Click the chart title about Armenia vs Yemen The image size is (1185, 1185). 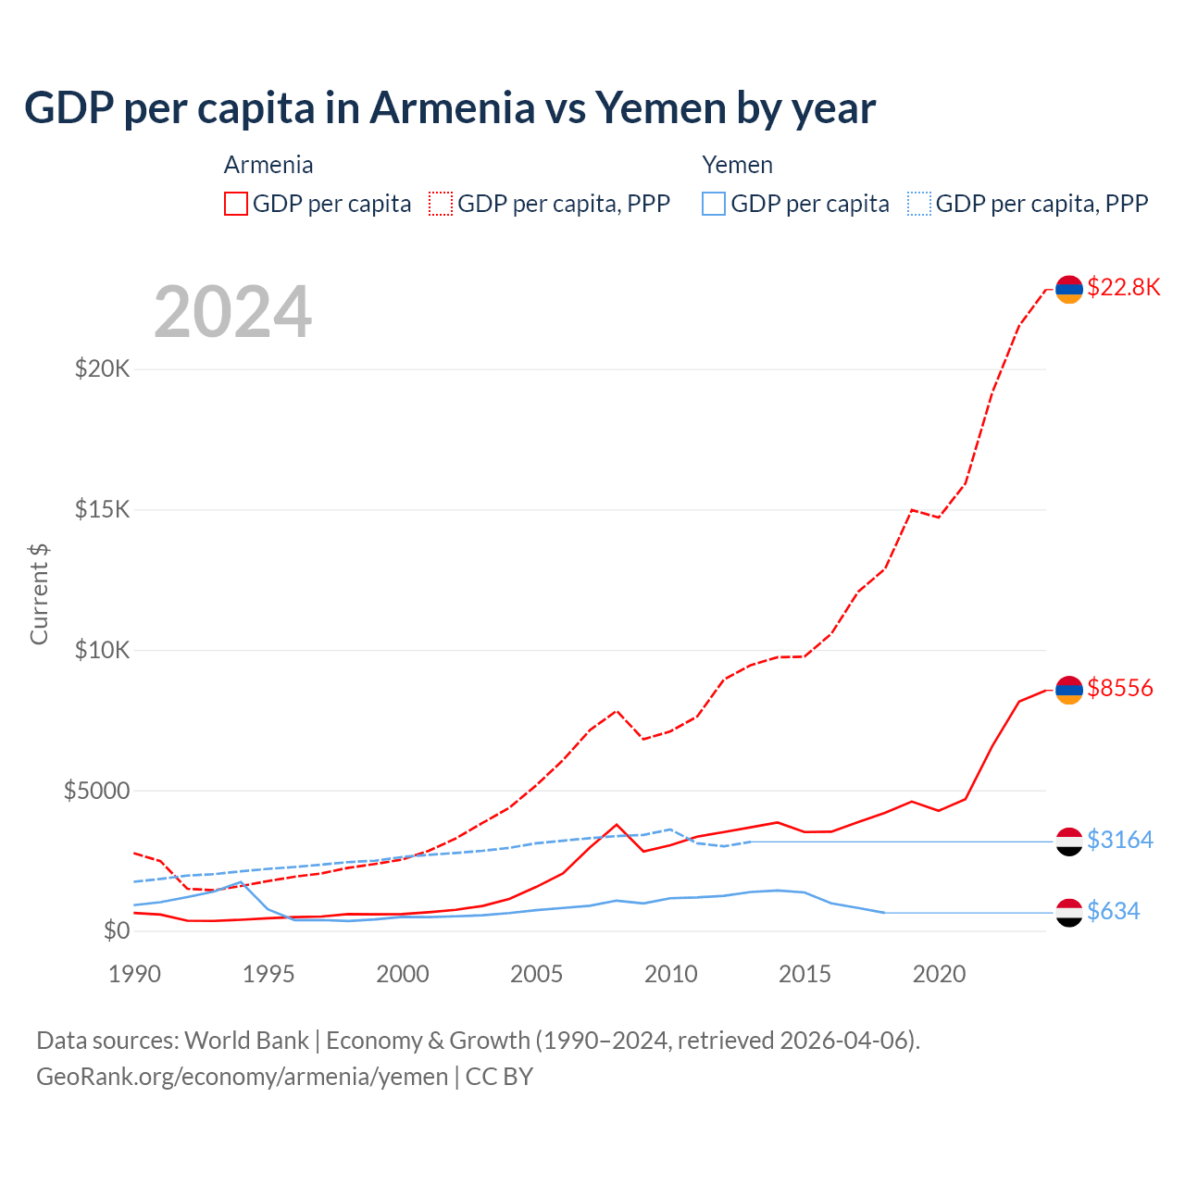pyautogui.click(x=450, y=108)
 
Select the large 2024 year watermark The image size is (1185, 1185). pyautogui.click(x=232, y=312)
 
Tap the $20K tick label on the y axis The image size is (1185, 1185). pyautogui.click(x=103, y=369)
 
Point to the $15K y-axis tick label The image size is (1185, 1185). pyautogui.click(x=103, y=510)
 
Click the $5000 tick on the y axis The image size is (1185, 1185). pyautogui.click(x=96, y=791)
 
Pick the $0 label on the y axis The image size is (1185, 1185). pyautogui.click(x=116, y=930)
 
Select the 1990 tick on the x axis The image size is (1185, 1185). pyautogui.click(x=135, y=974)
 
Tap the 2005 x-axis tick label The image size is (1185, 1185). pyautogui.click(x=537, y=974)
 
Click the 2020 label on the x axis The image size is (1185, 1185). pyautogui.click(x=939, y=974)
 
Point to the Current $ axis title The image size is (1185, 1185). pyautogui.click(x=39, y=593)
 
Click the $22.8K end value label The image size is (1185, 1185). pyautogui.click(x=1123, y=287)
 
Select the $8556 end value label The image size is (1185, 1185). pyautogui.click(x=1120, y=688)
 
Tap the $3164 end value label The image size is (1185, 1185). pyautogui.click(x=1120, y=840)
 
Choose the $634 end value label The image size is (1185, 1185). pyautogui.click(x=1114, y=911)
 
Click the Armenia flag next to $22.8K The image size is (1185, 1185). pyautogui.click(x=1069, y=289)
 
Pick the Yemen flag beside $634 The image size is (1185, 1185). pyautogui.click(x=1069, y=912)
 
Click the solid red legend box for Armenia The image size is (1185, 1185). pyautogui.click(x=236, y=204)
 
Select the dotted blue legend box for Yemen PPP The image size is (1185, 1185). pyautogui.click(x=919, y=204)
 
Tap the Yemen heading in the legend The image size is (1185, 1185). pyautogui.click(x=737, y=165)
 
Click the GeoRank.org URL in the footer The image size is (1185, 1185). pyautogui.click(x=242, y=1077)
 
